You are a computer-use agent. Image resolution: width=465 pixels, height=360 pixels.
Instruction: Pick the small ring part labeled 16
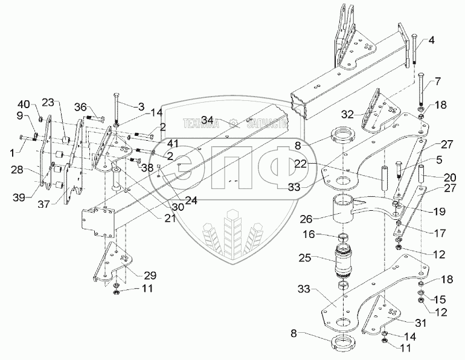(342, 235)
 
